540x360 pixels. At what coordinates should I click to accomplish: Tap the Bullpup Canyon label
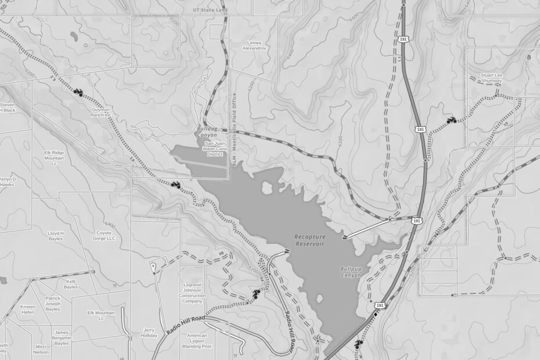tap(351, 272)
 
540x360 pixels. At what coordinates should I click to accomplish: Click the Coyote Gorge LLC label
tap(104, 236)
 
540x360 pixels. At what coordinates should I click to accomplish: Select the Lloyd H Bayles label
tap(56, 236)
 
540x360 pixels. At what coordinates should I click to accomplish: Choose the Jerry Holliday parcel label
tap(149, 333)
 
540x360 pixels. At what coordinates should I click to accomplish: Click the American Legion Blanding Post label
tap(197, 341)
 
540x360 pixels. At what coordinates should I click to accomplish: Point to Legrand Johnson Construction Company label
tap(192, 293)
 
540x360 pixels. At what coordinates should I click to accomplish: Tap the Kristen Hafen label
tap(28, 309)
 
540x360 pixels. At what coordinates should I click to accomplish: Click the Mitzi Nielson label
tap(41, 349)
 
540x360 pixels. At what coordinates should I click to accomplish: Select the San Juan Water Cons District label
tap(212, 148)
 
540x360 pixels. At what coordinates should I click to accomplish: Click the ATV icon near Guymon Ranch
tap(78, 92)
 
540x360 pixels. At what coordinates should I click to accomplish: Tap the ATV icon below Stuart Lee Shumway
tap(451, 120)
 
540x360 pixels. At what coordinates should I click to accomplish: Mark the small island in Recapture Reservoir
tap(267, 188)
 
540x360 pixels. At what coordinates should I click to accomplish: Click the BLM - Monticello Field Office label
tap(235, 129)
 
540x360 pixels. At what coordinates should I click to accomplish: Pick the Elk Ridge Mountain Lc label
tap(54, 158)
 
